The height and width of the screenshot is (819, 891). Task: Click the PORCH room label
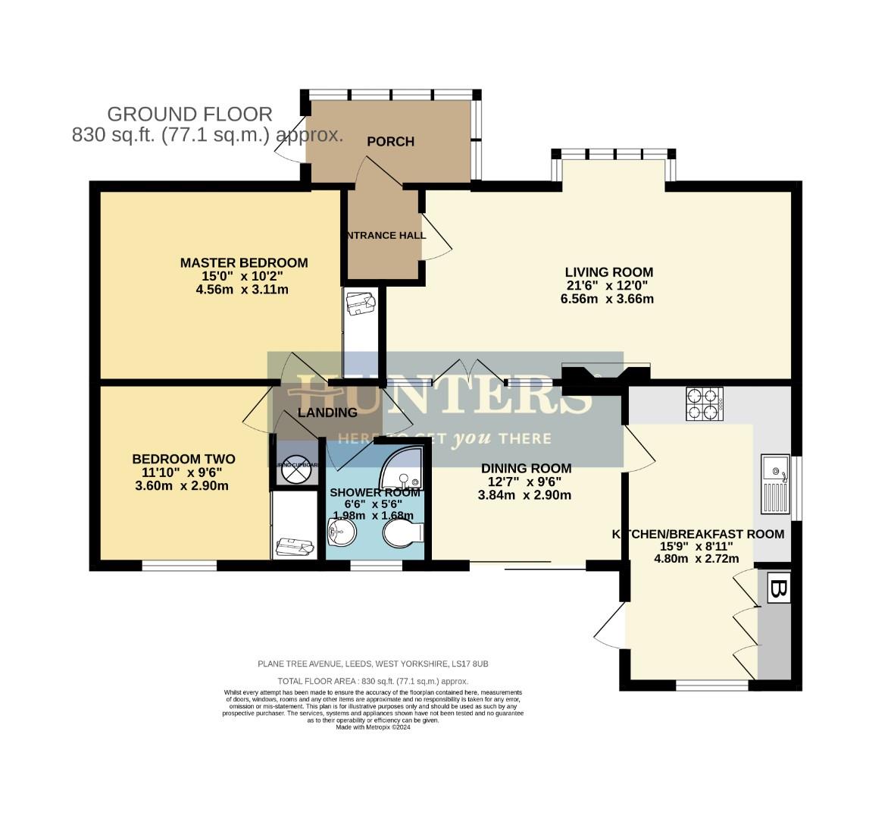coord(390,141)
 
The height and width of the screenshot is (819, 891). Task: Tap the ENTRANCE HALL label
coord(386,235)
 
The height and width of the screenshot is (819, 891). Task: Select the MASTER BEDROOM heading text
coord(243,263)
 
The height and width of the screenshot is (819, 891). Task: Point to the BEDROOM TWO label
coord(183,459)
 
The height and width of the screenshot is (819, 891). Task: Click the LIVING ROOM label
coord(608,272)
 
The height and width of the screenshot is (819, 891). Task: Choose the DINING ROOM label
coord(526,468)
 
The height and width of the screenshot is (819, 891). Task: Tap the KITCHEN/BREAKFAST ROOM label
coord(697,534)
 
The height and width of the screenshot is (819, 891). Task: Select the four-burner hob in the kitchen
coord(704,403)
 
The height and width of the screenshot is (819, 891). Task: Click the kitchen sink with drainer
coord(775,484)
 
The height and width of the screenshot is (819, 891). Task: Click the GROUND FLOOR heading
coord(189,115)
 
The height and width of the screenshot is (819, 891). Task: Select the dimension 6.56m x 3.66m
coord(602,299)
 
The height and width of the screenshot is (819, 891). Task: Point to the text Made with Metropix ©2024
coord(373,727)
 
